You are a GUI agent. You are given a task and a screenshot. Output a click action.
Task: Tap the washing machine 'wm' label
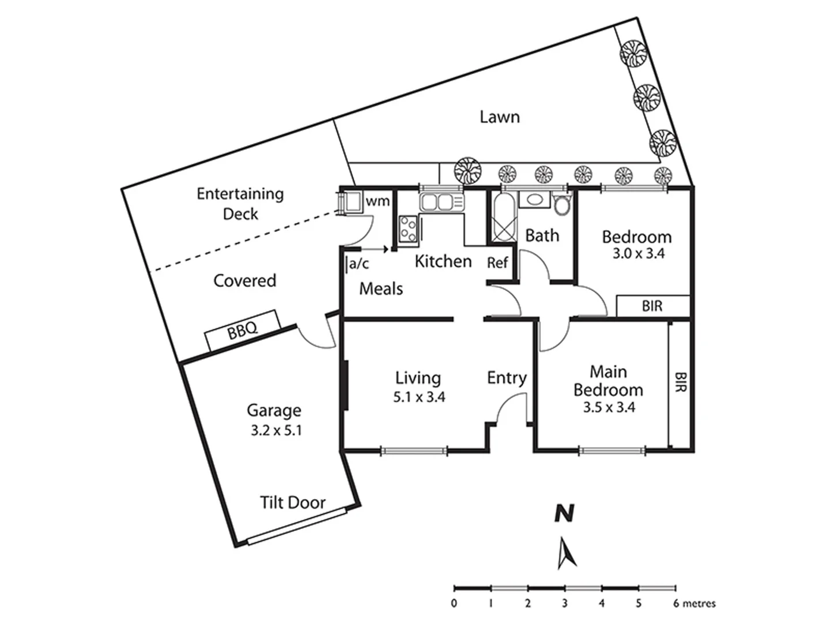tap(378, 202)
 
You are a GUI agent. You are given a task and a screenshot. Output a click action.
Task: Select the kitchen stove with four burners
tap(409, 227)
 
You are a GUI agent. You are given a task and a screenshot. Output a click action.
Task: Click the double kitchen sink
tap(441, 202)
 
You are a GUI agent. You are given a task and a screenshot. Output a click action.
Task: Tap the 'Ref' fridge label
tap(497, 263)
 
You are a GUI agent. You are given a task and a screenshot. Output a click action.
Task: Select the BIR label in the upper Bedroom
tap(652, 306)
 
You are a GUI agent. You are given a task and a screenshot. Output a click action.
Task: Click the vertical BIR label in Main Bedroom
tap(681, 382)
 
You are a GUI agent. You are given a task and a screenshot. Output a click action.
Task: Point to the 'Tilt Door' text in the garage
tap(292, 502)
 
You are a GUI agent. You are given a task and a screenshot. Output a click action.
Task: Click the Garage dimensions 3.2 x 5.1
tap(276, 430)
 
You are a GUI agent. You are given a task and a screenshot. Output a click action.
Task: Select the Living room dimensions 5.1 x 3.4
tap(419, 397)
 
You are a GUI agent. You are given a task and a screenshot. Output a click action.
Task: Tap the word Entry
tap(507, 378)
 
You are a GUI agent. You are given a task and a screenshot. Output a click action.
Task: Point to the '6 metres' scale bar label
tap(695, 604)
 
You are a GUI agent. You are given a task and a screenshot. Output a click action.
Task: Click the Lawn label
tap(500, 117)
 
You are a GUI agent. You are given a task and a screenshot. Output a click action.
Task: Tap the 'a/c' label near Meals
tap(359, 264)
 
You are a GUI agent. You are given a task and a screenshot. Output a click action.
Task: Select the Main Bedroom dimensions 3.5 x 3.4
tap(609, 407)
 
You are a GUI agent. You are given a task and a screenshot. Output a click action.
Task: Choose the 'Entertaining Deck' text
tap(240, 203)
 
